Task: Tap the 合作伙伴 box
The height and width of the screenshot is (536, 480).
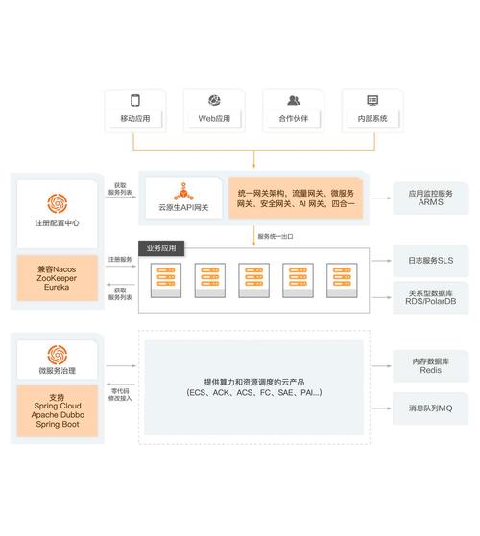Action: coord(293,109)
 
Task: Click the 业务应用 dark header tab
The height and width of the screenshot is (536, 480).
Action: coord(162,248)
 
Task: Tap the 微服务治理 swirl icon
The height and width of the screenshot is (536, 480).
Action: coord(57,354)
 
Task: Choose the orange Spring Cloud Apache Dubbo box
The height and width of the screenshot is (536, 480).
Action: coord(57,410)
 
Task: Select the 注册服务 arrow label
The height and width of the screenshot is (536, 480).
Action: coord(121,259)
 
